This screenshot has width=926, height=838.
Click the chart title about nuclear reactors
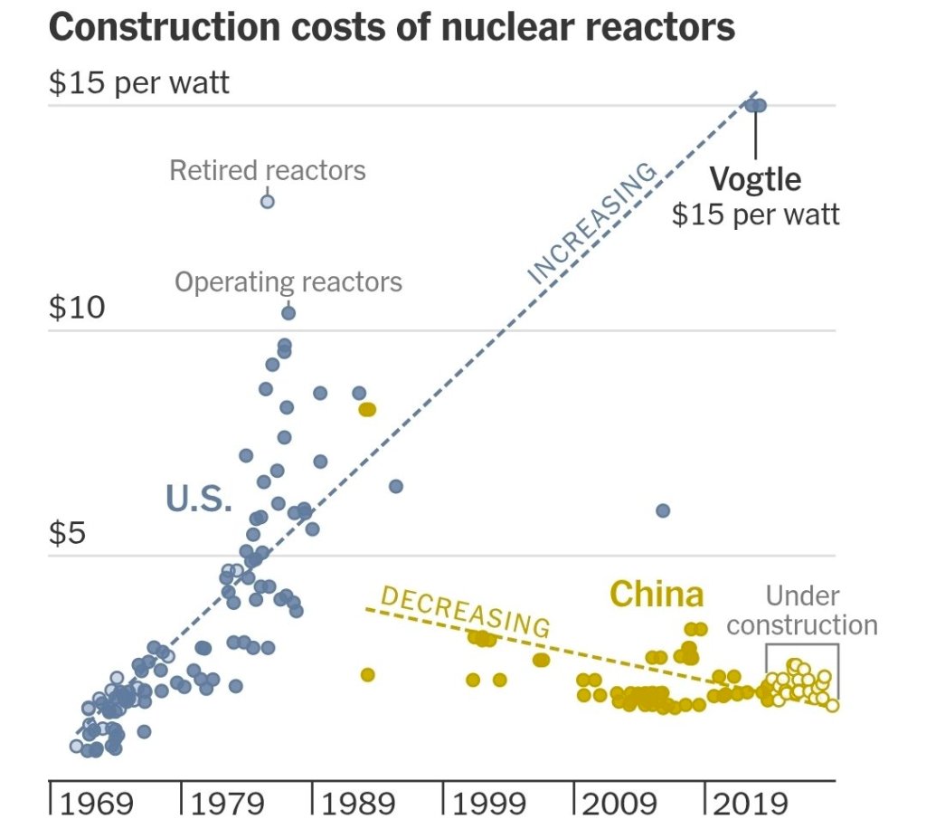click(392, 27)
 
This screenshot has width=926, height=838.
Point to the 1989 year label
click(358, 804)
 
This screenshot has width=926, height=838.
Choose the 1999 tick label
click(489, 804)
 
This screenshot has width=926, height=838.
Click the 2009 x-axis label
click(620, 804)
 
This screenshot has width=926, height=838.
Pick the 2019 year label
click(751, 804)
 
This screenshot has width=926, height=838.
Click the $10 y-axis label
click(77, 309)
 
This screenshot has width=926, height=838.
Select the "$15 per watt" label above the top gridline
click(139, 83)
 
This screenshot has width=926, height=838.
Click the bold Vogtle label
click(755, 179)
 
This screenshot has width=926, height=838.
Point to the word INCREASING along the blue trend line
click(591, 223)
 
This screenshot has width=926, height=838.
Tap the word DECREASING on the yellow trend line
click(465, 611)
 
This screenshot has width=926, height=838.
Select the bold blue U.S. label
click(199, 499)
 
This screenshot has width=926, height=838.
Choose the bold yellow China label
click(657, 595)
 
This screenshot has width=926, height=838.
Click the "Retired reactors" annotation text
click(268, 170)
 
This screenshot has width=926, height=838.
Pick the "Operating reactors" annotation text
click(288, 281)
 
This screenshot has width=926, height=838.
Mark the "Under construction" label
click(802, 611)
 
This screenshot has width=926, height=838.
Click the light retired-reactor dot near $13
click(267, 201)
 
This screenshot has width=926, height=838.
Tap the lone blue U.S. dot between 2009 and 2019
click(662, 510)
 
